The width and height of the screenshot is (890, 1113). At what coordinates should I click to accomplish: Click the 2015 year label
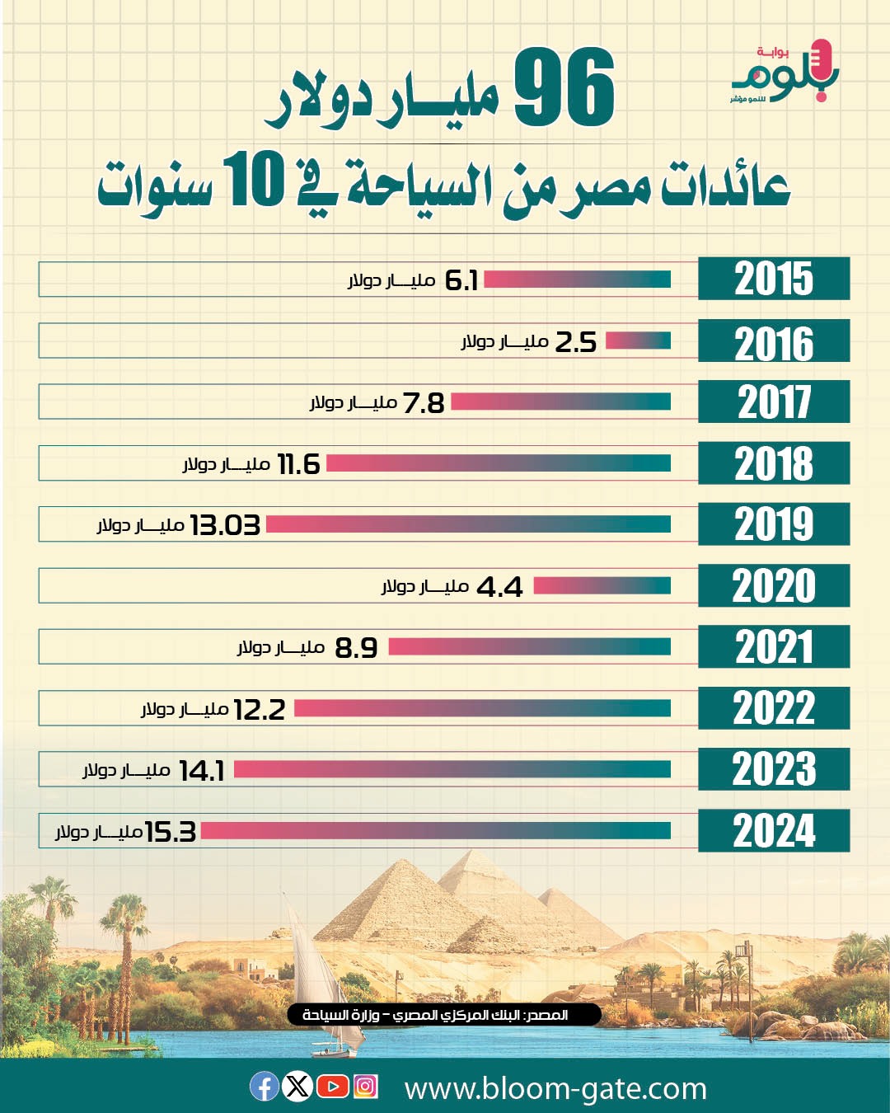pos(773,279)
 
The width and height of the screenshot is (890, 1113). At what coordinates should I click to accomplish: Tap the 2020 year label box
pos(773,585)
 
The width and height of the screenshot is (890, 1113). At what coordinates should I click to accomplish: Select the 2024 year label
pos(773,830)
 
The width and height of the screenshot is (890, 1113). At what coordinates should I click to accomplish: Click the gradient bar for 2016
pos(639,340)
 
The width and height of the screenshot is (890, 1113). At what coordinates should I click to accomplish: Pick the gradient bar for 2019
pos(468,524)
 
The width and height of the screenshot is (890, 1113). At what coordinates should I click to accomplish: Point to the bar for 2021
pos(529,647)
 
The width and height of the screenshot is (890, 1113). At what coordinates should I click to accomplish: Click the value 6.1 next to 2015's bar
pos(461,280)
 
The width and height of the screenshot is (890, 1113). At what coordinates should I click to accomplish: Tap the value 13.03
pos(225,525)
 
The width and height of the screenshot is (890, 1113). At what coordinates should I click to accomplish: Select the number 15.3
pos(171,832)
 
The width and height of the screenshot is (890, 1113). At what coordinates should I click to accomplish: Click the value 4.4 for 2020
pos(499,587)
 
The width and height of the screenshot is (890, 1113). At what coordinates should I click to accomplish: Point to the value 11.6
pos(298,464)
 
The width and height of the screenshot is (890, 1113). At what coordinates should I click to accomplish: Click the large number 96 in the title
pos(565,88)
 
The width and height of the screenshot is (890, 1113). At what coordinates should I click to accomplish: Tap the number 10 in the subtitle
pos(256,181)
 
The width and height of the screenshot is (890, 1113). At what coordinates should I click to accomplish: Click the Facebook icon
pos(265,1087)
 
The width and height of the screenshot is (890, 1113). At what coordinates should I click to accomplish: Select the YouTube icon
pos(332,1087)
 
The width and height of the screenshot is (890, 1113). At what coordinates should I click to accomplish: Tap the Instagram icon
pos(365,1087)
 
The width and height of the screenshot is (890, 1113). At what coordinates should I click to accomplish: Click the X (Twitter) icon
pos(297,1087)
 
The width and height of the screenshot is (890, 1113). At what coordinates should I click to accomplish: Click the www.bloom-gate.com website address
pos(555,1088)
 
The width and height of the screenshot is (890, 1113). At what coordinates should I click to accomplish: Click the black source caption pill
pos(444,1014)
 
